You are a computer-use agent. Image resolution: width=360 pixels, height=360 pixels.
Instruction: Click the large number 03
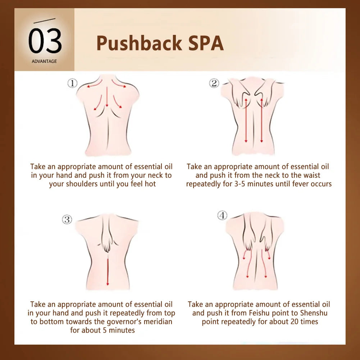click(45, 41)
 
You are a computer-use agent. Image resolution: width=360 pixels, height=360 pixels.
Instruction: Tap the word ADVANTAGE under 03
click(44, 61)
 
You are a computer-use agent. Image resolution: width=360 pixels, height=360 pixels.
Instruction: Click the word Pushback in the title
click(139, 43)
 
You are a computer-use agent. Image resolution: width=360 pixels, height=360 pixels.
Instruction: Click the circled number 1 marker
click(72, 83)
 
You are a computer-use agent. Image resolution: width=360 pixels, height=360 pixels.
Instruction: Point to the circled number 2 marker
click(214, 83)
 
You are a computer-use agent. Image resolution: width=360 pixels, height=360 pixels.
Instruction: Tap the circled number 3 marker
click(67, 219)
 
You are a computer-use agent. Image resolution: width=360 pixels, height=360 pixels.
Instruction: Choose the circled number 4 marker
click(222, 215)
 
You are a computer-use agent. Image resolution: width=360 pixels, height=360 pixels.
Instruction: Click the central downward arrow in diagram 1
click(107, 97)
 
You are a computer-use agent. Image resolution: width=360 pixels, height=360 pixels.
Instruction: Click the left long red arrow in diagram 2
click(246, 120)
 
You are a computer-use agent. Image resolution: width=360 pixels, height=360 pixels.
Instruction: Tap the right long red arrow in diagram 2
click(261, 120)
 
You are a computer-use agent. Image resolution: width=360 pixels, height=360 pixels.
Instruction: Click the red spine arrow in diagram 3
click(108, 272)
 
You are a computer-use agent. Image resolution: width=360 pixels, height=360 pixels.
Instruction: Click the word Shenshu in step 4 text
click(314, 313)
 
